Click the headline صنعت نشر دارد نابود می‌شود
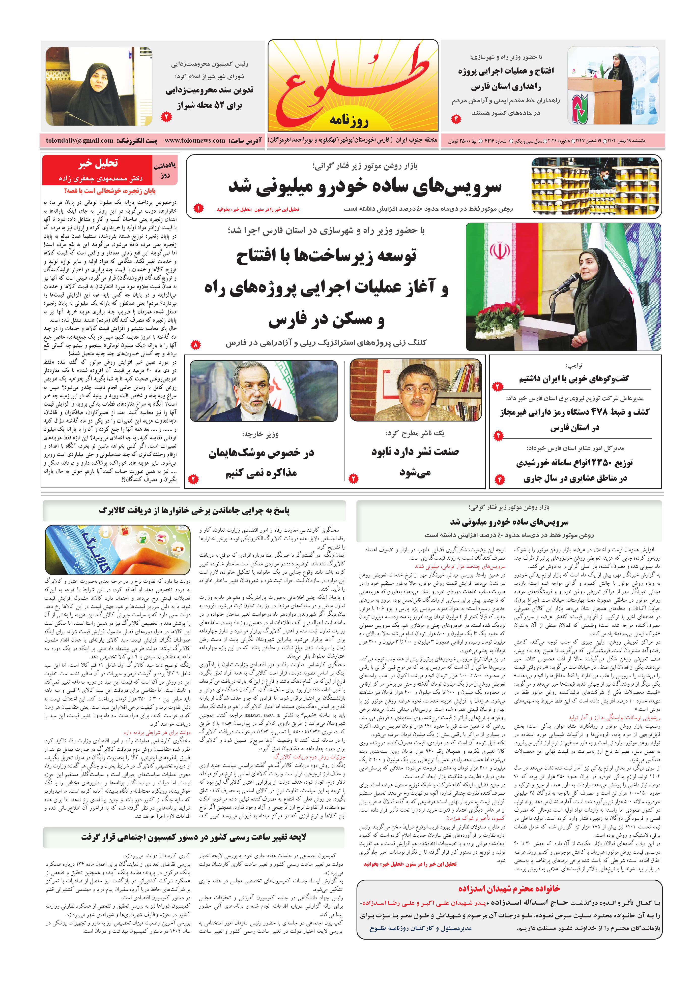click(415, 461)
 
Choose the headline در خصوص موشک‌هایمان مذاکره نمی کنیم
click(262, 462)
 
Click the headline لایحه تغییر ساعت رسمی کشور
click(193, 837)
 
